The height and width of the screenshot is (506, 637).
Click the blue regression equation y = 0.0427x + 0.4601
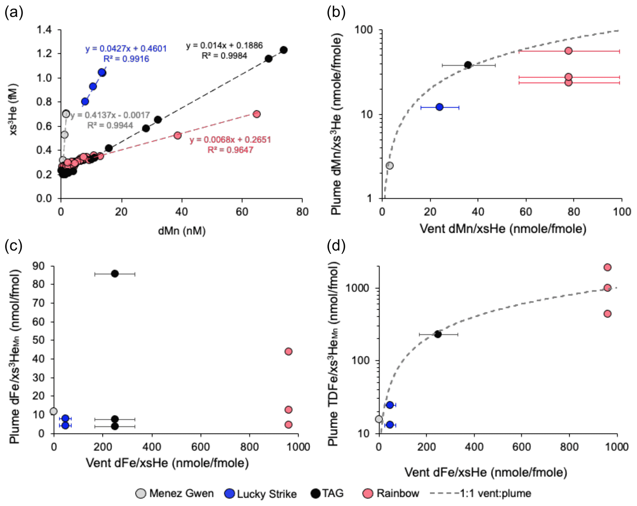pyautogui.click(x=126, y=48)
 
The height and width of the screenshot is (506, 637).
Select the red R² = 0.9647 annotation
pyautogui.click(x=230, y=150)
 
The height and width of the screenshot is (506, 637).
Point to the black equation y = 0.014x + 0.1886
pyautogui.click(x=224, y=45)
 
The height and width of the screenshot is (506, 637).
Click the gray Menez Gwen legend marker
pyautogui.click(x=141, y=493)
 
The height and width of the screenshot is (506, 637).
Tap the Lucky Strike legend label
pyautogui.click(x=267, y=494)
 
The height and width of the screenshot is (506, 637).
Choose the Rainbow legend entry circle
pyautogui.click(x=368, y=493)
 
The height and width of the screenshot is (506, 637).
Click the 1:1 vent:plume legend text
pyautogui.click(x=495, y=493)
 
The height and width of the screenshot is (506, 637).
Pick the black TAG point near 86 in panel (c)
pyautogui.click(x=115, y=274)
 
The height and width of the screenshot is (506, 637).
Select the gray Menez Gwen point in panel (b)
pyautogui.click(x=390, y=166)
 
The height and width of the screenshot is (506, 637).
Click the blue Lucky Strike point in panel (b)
pyautogui.click(x=439, y=107)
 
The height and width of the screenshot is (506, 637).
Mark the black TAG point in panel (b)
pyautogui.click(x=468, y=65)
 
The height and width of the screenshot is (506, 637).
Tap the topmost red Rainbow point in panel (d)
pyautogui.click(x=607, y=267)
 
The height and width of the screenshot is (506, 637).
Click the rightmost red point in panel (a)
pyautogui.click(x=256, y=114)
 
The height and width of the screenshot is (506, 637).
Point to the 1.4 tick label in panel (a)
pyautogui.click(x=45, y=30)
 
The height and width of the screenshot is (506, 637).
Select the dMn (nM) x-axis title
pyautogui.click(x=182, y=231)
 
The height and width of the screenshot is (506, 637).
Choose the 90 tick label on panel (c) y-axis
pyautogui.click(x=39, y=266)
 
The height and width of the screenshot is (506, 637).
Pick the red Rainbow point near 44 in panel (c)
pyautogui.click(x=288, y=351)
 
